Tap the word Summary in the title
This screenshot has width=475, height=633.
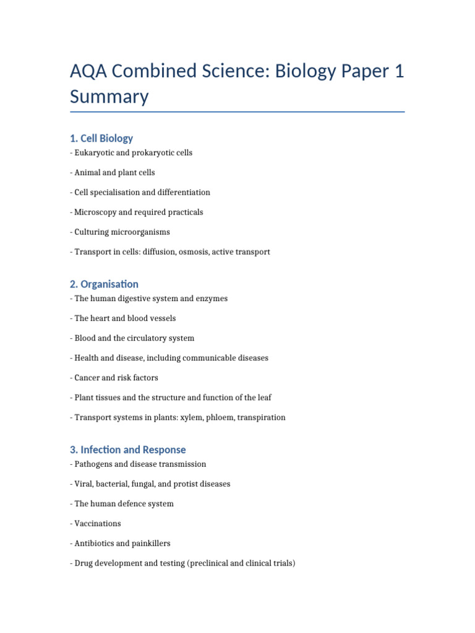109,97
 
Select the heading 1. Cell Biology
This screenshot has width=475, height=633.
101,138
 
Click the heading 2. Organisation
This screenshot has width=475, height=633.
104,284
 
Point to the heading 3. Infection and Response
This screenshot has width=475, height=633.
128,449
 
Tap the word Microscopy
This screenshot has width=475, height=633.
95,212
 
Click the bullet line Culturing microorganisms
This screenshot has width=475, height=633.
120,232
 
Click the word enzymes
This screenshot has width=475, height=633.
212,299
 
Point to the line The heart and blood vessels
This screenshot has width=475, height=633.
123,318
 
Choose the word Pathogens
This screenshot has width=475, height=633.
95,464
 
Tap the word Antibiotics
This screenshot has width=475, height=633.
96,543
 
